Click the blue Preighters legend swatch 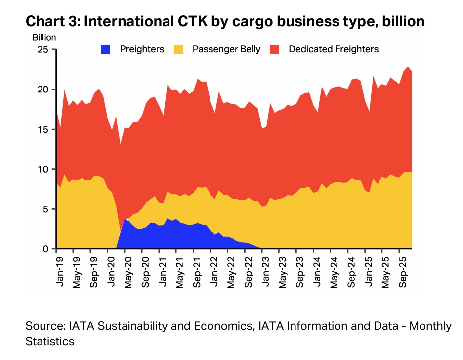point(105,49)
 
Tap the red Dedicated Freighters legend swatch point(274,49)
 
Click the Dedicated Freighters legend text point(334,49)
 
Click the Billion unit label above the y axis point(44,37)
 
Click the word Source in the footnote point(44,327)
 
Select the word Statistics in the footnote point(50,341)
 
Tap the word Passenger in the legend point(212,49)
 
